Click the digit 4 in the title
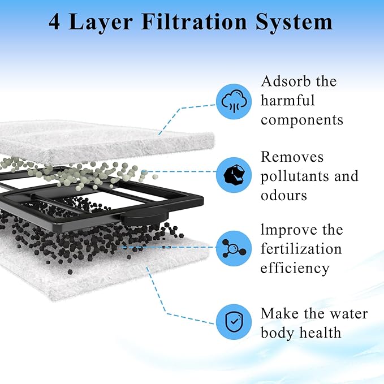[56, 22]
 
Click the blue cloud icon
[234, 102]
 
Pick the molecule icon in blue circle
[234, 248]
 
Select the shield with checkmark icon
[234, 322]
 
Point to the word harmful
[287, 101]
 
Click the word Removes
[292, 157]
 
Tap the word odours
[284, 195]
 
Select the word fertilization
[301, 249]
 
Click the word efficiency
[295, 268]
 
